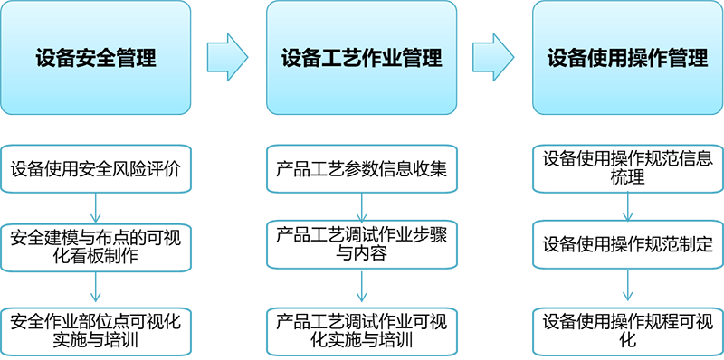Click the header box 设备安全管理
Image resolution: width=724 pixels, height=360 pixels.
(96, 58)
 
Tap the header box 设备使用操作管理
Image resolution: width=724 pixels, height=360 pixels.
(627, 58)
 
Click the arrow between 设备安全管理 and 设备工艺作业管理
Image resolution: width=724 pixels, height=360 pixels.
(228, 58)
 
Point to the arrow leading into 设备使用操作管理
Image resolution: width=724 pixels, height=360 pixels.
(494, 58)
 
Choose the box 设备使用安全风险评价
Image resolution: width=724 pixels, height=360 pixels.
(96, 169)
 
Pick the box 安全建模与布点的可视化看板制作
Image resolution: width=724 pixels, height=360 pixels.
(96, 246)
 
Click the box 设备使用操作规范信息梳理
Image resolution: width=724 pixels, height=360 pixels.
(627, 168)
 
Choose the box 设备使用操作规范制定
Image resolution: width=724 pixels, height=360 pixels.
(627, 245)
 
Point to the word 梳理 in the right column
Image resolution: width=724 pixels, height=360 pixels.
(627, 178)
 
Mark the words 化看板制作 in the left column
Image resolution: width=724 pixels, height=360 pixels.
(96, 256)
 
